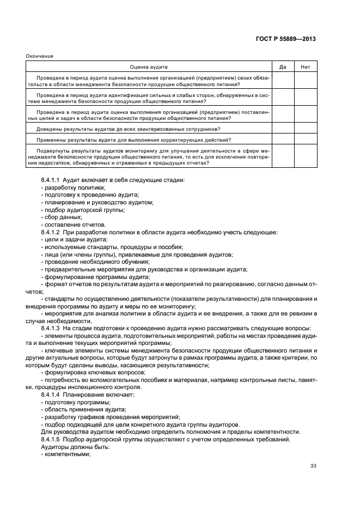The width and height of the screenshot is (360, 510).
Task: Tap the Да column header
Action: tap(283, 66)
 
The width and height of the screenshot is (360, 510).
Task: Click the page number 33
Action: tap(313, 465)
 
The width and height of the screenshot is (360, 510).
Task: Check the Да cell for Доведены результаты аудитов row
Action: tap(283, 129)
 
